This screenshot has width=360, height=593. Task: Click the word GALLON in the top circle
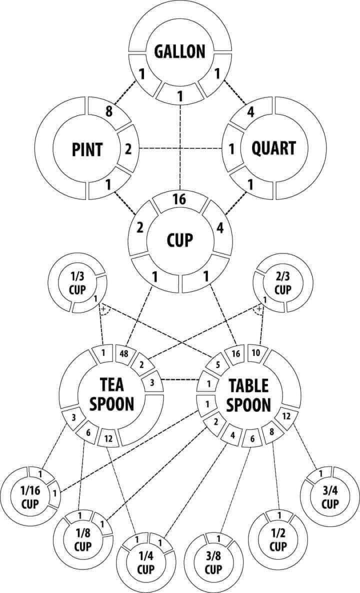pos(180,51)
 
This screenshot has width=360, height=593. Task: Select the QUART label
pos(273,148)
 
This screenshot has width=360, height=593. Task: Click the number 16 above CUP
pos(179,199)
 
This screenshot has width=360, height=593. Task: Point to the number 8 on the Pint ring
pos(109,111)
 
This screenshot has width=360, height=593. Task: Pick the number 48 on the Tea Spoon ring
pos(124,354)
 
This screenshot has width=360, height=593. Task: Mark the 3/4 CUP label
pos(330,497)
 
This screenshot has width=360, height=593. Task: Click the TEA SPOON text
pos(112,394)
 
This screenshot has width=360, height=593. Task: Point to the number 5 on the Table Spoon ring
pos(218,364)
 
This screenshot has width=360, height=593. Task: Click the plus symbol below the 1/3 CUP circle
pos(103,309)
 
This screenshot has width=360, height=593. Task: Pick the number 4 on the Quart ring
pos(250,112)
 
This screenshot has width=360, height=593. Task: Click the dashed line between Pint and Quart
pos(180,148)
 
